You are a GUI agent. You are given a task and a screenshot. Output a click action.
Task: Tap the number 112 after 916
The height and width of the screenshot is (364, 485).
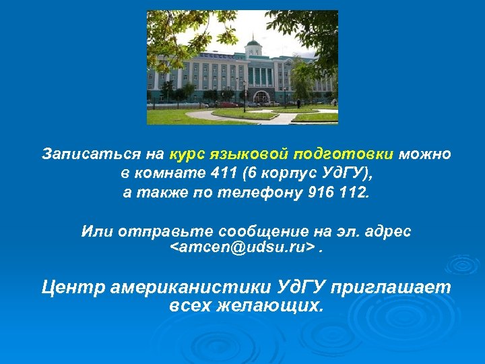point(354,193)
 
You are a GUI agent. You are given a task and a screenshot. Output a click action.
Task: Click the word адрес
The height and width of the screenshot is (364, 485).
point(387,231)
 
